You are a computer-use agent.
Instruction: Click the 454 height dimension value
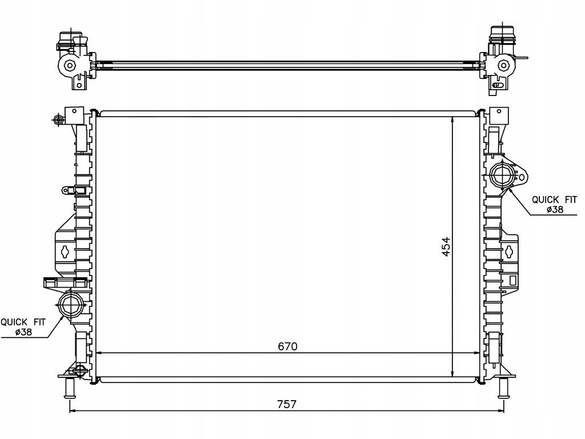tap(446, 246)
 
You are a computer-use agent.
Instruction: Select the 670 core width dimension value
tap(287, 346)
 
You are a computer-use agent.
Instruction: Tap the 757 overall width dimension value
tap(287, 404)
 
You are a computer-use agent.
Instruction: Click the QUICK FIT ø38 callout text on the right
tap(554, 205)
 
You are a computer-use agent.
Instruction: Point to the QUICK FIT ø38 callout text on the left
tap(23, 328)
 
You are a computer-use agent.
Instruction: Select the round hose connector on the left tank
tap(71, 304)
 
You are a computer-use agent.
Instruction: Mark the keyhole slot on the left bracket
tap(66, 250)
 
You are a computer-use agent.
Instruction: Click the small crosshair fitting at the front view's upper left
tap(57, 119)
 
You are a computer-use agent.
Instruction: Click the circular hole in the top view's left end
tap(70, 65)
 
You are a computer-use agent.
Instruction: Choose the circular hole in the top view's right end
tap(503, 65)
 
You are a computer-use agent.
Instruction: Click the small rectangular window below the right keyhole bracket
tap(512, 280)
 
